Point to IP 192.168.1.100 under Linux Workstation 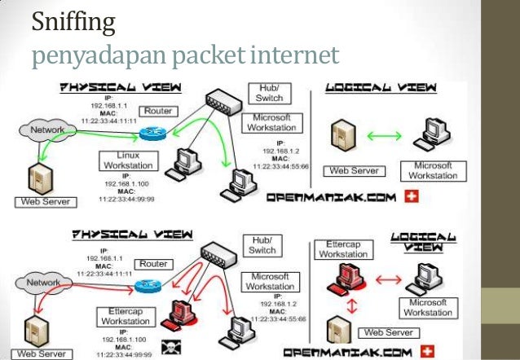[124, 184]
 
